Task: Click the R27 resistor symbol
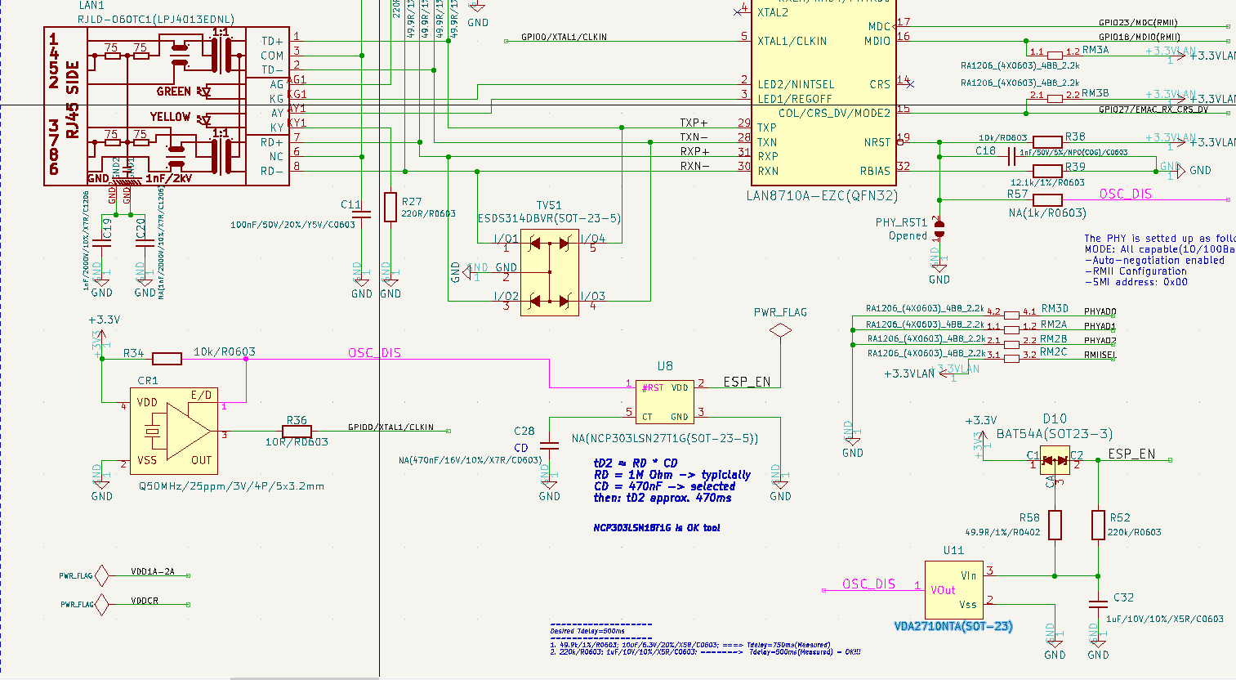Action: [x=390, y=207]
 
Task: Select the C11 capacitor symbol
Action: [x=362, y=213]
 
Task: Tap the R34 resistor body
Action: [x=167, y=358]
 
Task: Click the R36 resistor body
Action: [x=297, y=431]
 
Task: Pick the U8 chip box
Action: [x=664, y=401]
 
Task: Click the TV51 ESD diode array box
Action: [x=549, y=272]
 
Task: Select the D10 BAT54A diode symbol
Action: [x=1055, y=460]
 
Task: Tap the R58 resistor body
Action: [x=1055, y=525]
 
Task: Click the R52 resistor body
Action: [x=1098, y=525]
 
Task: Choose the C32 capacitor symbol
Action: [x=1098, y=603]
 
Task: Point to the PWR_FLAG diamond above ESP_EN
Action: [x=781, y=330]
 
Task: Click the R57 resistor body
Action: [x=1047, y=199]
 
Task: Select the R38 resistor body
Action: [x=1047, y=142]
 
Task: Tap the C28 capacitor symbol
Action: [x=550, y=445]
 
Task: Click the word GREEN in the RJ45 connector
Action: [x=173, y=92]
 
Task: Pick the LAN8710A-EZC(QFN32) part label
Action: [x=821, y=196]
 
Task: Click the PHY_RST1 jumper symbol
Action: [x=939, y=229]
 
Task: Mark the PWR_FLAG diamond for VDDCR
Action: [x=101, y=605]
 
